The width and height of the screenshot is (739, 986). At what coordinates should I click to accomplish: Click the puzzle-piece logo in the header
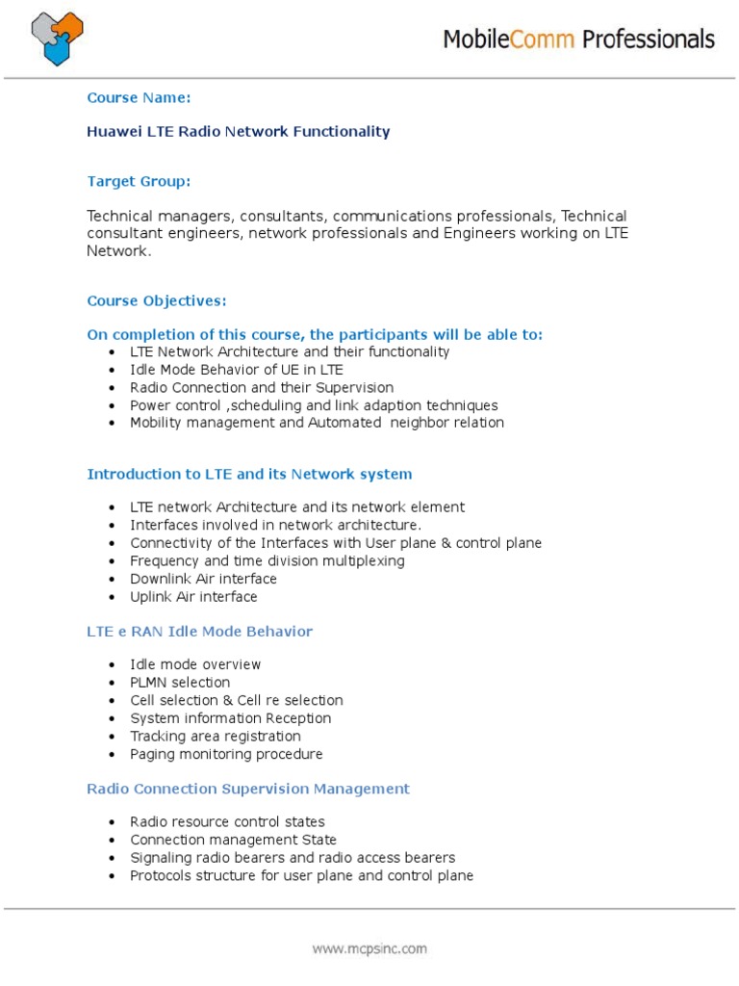click(x=58, y=39)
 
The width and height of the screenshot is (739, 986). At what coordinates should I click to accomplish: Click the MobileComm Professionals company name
click(x=578, y=39)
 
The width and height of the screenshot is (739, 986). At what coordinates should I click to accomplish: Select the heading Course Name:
click(x=139, y=97)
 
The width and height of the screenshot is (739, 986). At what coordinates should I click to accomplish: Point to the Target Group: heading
click(x=139, y=181)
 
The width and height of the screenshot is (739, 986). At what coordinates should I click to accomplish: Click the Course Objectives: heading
click(x=157, y=300)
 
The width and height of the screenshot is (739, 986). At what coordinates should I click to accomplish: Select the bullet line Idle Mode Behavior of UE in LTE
click(x=237, y=370)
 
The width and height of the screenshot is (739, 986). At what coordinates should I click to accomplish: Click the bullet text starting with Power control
click(x=314, y=405)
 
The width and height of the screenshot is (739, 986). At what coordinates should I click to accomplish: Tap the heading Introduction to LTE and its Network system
click(x=249, y=474)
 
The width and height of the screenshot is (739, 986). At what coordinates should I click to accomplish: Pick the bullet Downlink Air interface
click(x=203, y=579)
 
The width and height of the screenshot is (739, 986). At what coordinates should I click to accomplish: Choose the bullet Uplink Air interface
click(x=193, y=597)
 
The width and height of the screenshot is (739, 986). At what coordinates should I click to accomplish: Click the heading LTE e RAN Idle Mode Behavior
click(x=199, y=632)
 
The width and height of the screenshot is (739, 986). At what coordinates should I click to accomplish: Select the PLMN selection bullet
click(x=180, y=683)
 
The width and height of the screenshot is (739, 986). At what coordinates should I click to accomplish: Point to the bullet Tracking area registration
click(x=216, y=737)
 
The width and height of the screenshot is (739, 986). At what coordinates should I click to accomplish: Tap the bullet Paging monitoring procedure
click(x=226, y=754)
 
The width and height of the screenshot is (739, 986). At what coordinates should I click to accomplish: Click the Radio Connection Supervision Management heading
click(x=248, y=789)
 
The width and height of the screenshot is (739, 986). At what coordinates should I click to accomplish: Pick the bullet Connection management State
click(x=234, y=840)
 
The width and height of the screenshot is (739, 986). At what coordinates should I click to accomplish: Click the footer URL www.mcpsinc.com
click(x=369, y=948)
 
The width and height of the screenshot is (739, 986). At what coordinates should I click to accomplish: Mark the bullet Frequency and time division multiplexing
click(x=268, y=561)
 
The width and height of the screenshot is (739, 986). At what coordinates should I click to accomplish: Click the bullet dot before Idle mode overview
click(x=113, y=665)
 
